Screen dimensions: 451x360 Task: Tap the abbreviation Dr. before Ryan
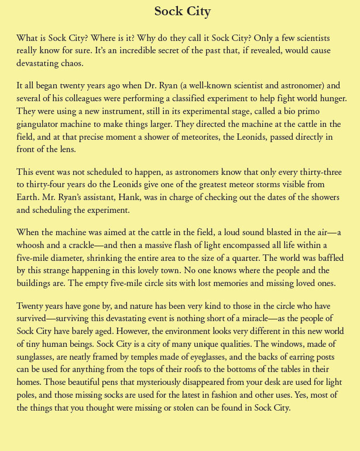pyautogui.click(x=153, y=85)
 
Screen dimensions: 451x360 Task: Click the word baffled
pyautogui.click(x=325, y=253)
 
